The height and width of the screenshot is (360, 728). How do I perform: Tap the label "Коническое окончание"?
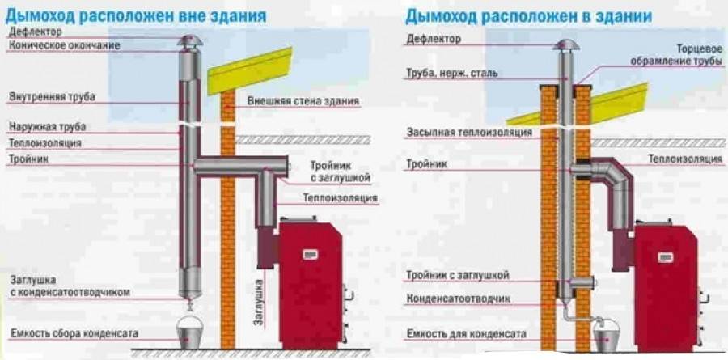coord(64,45)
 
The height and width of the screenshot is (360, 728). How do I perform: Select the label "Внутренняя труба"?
coord(52,97)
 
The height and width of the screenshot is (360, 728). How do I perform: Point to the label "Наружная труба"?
coord(47,127)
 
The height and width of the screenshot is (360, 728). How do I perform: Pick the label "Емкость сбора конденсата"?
coord(74,333)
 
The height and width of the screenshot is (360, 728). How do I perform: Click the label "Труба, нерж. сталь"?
coord(452,74)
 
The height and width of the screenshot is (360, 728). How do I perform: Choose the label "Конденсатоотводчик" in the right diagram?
coord(458,299)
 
